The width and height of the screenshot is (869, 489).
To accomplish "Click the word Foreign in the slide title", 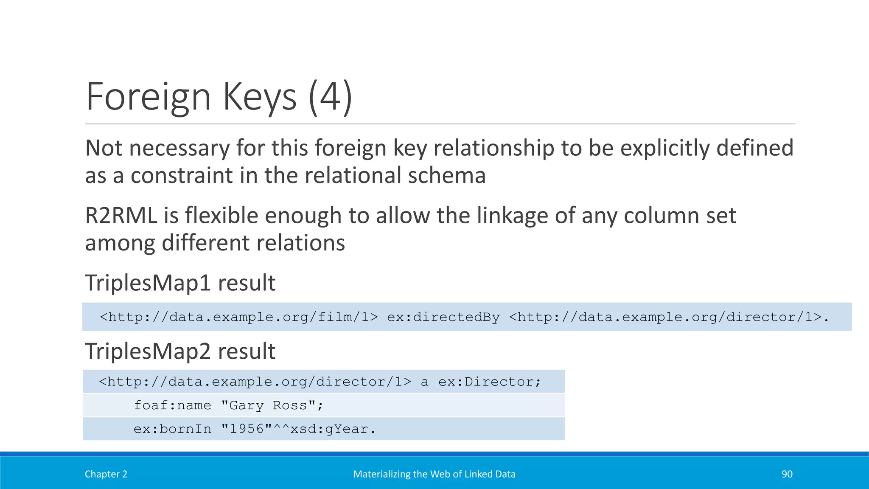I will tap(148, 97).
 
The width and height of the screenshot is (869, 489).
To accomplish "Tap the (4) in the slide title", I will tap(330, 97).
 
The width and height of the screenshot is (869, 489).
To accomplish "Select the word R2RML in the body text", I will tap(121, 216).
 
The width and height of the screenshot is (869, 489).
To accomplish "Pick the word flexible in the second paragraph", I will tap(221, 216).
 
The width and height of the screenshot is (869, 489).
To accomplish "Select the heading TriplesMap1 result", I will tap(180, 283).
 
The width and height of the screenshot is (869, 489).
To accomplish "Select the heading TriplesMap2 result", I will tap(180, 351).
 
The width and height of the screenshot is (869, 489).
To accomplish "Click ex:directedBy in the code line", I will tap(443, 317).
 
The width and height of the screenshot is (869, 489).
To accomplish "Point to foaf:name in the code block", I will tap(172, 405).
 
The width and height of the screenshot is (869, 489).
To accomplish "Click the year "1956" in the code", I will tap(247, 429).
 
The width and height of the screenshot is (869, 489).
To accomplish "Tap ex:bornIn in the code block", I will tap(172, 429).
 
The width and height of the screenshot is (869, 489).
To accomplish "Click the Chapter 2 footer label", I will tap(106, 474).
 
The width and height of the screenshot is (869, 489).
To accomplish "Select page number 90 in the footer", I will tap(787, 474).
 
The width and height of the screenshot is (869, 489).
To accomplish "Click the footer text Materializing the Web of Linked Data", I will tap(434, 474).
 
